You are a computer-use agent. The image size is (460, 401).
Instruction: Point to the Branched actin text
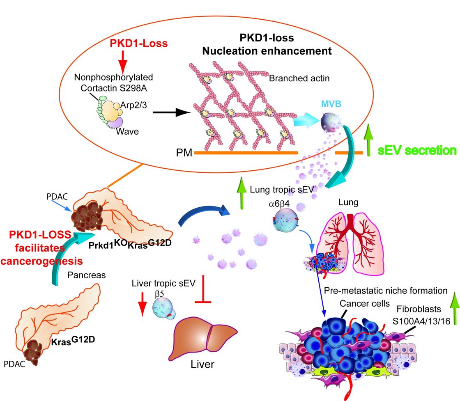point(299,78)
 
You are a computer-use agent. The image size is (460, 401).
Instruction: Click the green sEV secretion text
point(416,150)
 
